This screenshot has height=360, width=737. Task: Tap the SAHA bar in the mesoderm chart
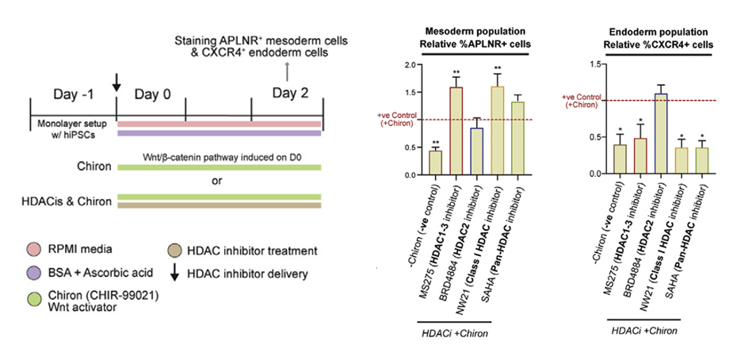pyautogui.click(x=518, y=138)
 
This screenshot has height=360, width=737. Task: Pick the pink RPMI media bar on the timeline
pyautogui.click(x=219, y=124)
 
